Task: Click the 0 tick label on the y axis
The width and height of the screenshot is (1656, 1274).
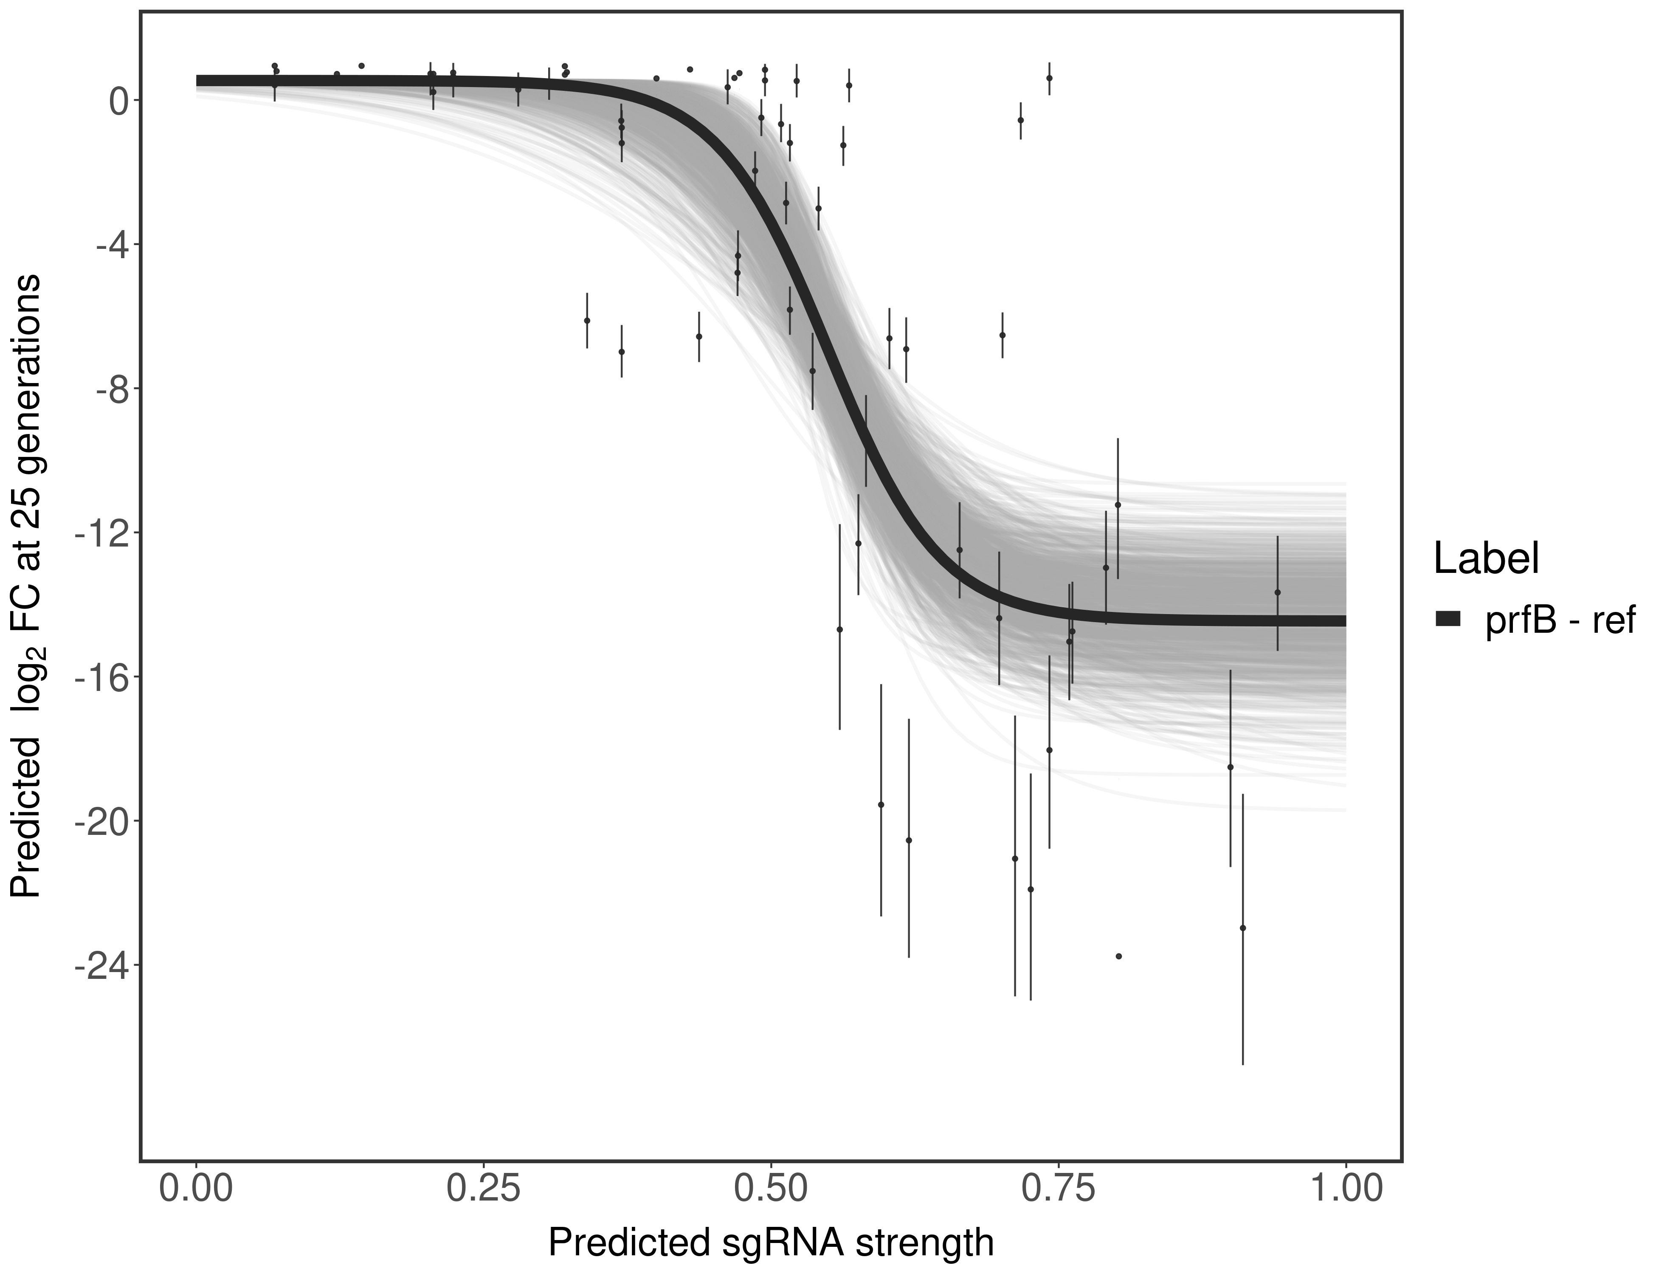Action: click(119, 101)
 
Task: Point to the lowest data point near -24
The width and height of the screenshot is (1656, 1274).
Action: click(1118, 956)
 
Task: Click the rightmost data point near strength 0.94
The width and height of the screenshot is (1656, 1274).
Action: click(1278, 592)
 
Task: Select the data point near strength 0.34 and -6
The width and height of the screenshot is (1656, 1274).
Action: click(587, 321)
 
